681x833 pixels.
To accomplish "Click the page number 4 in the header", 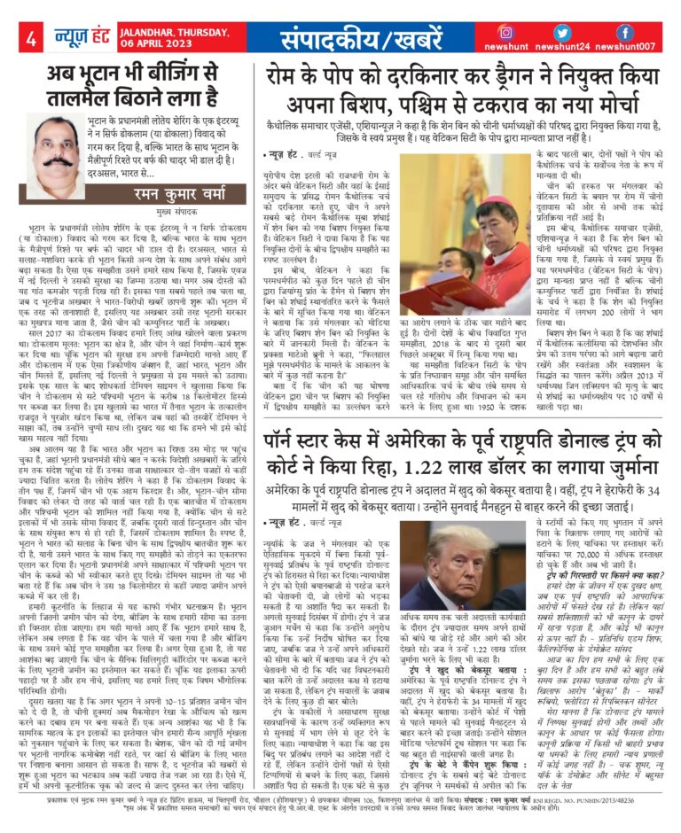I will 30,39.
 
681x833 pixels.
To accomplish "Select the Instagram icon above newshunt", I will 530,33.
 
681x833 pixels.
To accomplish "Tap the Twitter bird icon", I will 577,33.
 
